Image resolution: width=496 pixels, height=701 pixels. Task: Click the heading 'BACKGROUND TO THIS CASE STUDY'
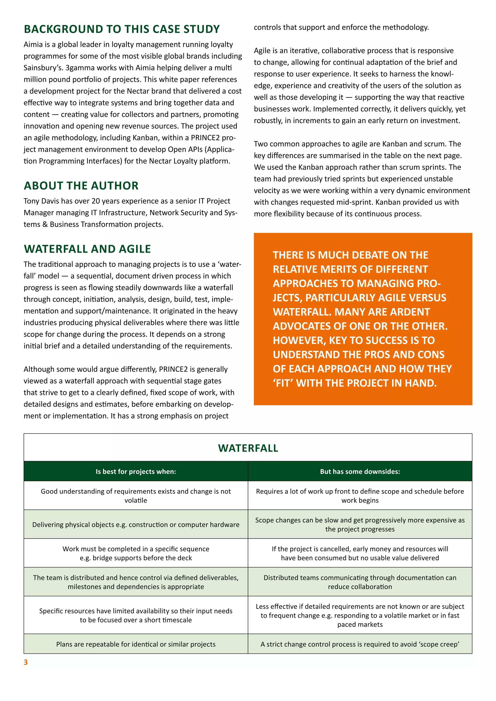[x=122, y=29]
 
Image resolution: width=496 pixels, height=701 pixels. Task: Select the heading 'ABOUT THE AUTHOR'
[x=81, y=186]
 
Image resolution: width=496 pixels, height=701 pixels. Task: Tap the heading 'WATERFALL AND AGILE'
[x=87, y=249]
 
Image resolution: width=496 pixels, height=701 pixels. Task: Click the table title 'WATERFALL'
[x=248, y=448]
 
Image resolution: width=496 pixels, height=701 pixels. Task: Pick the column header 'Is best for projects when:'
[x=136, y=471]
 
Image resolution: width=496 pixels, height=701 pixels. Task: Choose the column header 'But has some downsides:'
[x=360, y=471]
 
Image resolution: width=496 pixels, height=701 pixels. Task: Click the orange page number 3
[x=26, y=662]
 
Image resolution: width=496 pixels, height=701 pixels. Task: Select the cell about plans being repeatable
[x=136, y=644]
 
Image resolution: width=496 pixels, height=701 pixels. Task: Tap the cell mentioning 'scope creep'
[x=360, y=644]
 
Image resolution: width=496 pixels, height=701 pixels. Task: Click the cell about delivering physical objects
[x=136, y=525]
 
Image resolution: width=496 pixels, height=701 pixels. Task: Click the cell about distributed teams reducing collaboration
[x=360, y=582]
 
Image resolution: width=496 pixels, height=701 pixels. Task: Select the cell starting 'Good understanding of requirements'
[x=136, y=495]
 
